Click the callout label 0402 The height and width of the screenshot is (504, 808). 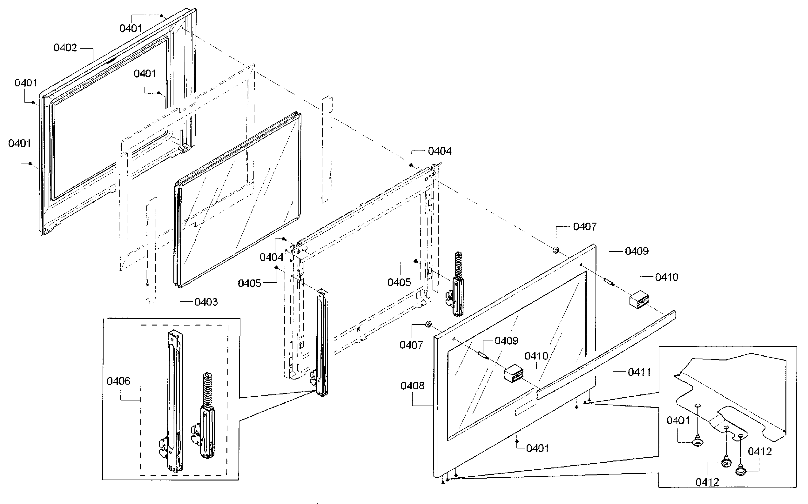[65, 48]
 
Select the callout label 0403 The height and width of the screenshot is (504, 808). [206, 302]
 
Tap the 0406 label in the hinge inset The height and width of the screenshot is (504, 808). [118, 381]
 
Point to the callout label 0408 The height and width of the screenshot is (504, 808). [412, 386]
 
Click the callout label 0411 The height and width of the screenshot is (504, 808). [639, 372]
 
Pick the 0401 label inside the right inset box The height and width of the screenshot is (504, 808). [678, 421]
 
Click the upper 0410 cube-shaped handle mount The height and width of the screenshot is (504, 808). [639, 299]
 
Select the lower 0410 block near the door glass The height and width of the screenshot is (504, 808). [513, 373]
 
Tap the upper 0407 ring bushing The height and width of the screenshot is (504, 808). [556, 250]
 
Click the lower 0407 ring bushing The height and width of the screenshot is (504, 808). [428, 324]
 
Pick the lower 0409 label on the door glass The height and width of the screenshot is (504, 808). [506, 341]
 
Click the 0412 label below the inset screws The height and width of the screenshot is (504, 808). [707, 482]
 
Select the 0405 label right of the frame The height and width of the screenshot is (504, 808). [399, 283]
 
